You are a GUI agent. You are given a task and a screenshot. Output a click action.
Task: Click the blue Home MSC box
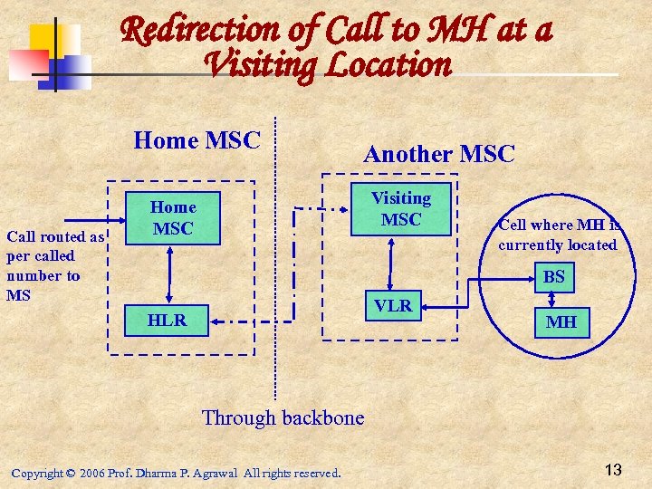pyautogui.click(x=172, y=218)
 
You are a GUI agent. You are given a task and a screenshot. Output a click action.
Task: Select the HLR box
pyautogui.click(x=167, y=320)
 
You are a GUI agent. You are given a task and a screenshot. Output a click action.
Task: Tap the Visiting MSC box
pyautogui.click(x=400, y=209)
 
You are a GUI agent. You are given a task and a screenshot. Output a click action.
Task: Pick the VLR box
pyautogui.click(x=393, y=306)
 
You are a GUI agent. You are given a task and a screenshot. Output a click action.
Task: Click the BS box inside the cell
pyautogui.click(x=554, y=277)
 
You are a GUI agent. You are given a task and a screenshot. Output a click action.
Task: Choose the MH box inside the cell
pyautogui.click(x=561, y=321)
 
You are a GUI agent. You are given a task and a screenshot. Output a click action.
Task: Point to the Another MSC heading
pyautogui.click(x=438, y=154)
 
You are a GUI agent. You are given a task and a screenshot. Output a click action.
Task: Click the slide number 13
pyautogui.click(x=613, y=469)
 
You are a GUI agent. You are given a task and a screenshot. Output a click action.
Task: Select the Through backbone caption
pyautogui.click(x=283, y=417)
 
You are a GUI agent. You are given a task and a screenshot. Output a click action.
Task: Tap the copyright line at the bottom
pyautogui.click(x=176, y=473)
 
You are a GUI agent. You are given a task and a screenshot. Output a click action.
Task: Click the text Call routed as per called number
pyautogui.click(x=54, y=265)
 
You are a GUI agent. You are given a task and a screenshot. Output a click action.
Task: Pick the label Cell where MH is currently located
pyautogui.click(x=558, y=235)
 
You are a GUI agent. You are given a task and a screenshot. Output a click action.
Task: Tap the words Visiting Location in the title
pyautogui.click(x=327, y=65)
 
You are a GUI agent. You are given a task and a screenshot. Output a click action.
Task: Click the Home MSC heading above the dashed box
pyautogui.click(x=197, y=140)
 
